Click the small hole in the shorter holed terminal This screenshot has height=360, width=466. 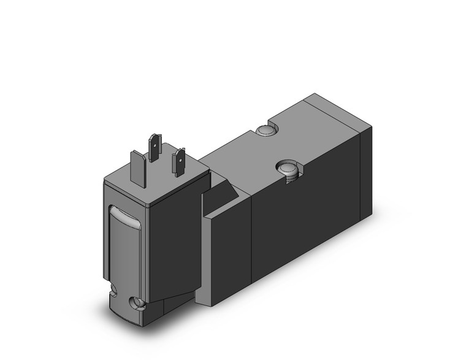180,158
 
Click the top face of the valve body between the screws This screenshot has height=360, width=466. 258,153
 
